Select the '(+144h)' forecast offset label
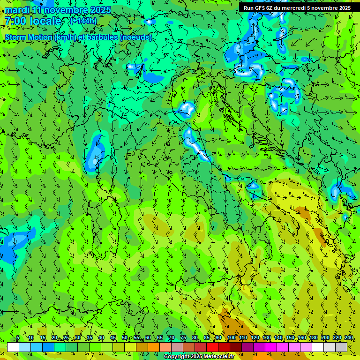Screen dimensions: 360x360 pos(83,21)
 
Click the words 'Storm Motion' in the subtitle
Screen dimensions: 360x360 pos(29,37)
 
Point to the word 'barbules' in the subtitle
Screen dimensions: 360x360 pos(103,37)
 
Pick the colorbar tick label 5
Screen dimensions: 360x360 pos(18,338)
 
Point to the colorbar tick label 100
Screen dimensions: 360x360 pos(232,338)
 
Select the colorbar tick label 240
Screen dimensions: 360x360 pos(349,338)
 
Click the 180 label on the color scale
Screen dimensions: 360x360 pos(314,338)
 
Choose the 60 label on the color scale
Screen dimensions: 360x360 pos(148,338)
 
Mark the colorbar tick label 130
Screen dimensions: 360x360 pos(267,338)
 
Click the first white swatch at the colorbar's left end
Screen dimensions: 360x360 pos(13,347)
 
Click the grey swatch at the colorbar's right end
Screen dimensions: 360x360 pos(341,347)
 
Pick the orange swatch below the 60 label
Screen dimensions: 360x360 pos(142,347)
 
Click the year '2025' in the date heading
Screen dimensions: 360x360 pos(100,10)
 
